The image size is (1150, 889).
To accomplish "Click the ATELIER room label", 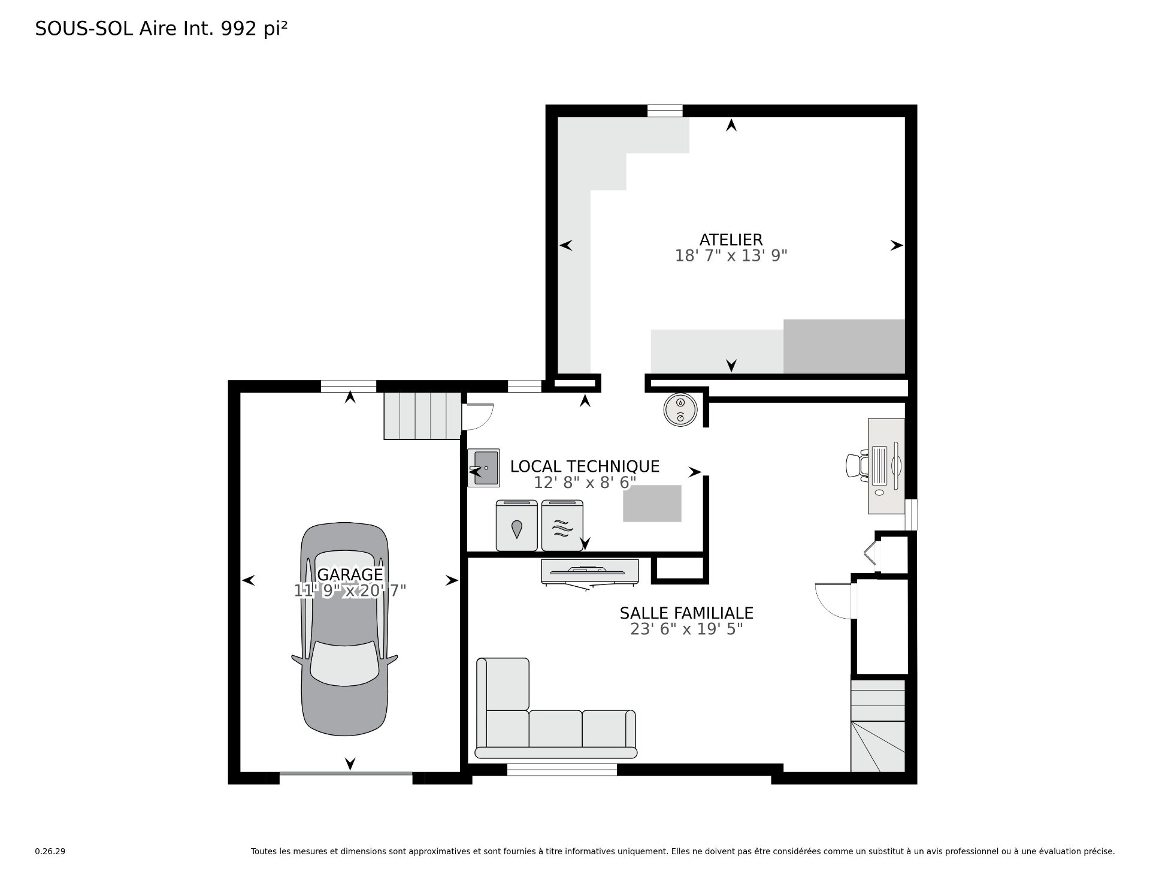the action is click(731, 240).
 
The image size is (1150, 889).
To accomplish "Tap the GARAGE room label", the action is click(350, 575).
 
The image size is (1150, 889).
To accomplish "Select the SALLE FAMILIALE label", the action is click(686, 613).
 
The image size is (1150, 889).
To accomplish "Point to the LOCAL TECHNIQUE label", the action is click(585, 466).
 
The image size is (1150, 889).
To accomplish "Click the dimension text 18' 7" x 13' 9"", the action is click(731, 256).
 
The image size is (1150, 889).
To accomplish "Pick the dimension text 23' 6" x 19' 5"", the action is click(686, 629).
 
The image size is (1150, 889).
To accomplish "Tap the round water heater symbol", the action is click(680, 411).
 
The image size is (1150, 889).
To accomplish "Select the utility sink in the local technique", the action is click(483, 468).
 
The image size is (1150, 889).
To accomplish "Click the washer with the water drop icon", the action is click(516, 525).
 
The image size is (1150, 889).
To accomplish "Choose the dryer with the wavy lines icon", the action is click(562, 525).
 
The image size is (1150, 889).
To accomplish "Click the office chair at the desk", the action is click(857, 465).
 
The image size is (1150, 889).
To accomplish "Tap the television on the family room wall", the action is click(590, 571).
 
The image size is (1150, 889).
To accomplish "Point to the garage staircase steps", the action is click(423, 416).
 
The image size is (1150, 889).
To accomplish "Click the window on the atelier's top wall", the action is click(665, 111).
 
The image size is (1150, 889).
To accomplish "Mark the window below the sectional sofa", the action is click(562, 770).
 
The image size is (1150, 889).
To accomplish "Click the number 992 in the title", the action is click(240, 29).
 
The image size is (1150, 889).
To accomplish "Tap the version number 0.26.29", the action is click(50, 851).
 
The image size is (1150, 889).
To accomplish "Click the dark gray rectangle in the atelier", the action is click(844, 346).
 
